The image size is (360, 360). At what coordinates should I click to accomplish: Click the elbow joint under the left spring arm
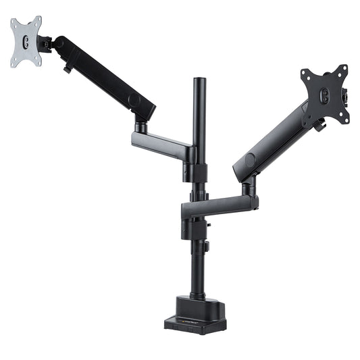[x=141, y=126]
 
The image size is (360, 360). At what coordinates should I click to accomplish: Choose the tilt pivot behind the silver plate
[x=47, y=45]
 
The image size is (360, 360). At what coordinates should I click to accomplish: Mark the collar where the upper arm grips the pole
[x=192, y=155]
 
